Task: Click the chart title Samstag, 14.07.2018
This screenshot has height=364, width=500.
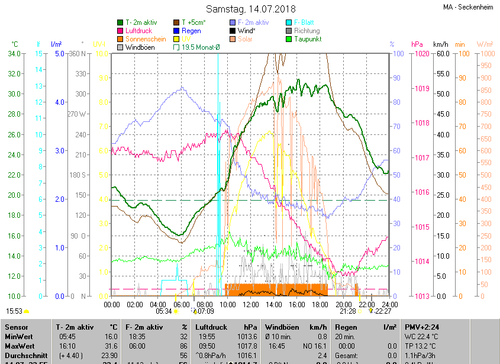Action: [x=251, y=9]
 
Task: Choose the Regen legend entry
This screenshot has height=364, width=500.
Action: [x=191, y=31]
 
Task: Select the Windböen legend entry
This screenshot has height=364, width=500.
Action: [x=141, y=47]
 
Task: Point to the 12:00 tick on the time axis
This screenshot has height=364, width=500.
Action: [x=250, y=304]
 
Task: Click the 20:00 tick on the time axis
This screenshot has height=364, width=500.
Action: [x=343, y=304]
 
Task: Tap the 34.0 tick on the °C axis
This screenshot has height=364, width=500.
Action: [x=15, y=54]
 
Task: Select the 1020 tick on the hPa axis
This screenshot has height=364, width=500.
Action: [x=422, y=54]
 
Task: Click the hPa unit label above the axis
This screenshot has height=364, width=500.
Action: [x=417, y=44]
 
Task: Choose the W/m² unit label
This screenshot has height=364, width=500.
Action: [x=485, y=44]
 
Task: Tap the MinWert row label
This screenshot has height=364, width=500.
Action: [x=18, y=336]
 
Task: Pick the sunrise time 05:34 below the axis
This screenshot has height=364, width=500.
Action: [x=164, y=311]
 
